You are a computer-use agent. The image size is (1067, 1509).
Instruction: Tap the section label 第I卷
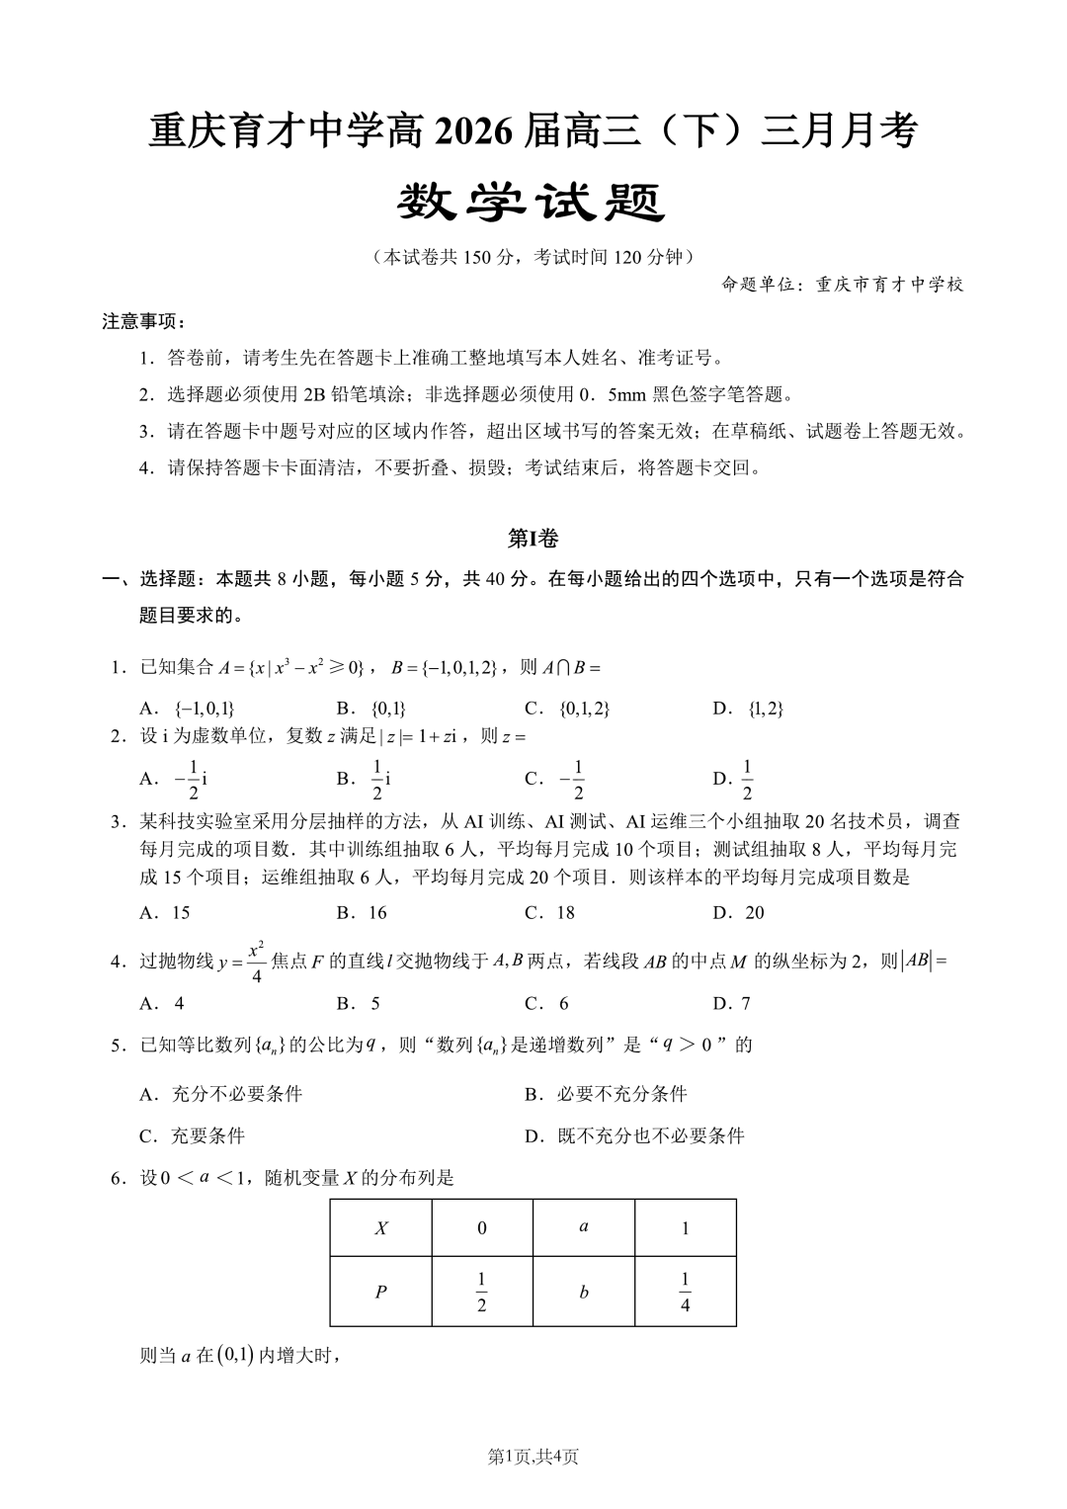point(533,539)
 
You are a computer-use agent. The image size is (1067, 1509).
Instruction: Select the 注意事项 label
point(144,322)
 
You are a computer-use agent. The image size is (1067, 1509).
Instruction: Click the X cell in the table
point(381,1228)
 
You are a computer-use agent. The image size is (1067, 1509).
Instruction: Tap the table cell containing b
point(584,1292)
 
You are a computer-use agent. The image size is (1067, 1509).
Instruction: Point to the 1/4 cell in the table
point(685,1292)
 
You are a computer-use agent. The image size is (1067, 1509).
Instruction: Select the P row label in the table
point(381,1292)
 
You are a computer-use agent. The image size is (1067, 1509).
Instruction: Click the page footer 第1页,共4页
point(533,1457)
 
